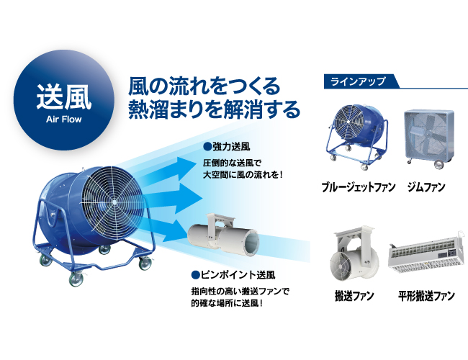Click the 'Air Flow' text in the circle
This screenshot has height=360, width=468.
(x=63, y=120)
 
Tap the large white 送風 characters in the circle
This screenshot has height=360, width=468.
(x=63, y=96)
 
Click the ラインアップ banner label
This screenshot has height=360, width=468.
(x=357, y=81)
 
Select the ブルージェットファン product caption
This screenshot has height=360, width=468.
(x=358, y=187)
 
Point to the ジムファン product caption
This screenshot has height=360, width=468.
(x=426, y=187)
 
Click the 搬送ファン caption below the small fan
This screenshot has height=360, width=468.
(x=354, y=296)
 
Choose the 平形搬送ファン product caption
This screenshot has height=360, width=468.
(x=426, y=296)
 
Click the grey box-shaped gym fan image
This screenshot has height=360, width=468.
(x=429, y=139)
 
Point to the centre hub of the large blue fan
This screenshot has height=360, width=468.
(x=114, y=202)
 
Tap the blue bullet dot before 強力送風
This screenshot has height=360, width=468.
(x=207, y=147)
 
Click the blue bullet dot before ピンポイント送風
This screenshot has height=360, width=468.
(x=195, y=274)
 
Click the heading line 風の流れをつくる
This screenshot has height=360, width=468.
(x=204, y=86)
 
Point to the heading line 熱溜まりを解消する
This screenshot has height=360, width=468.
(x=214, y=109)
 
